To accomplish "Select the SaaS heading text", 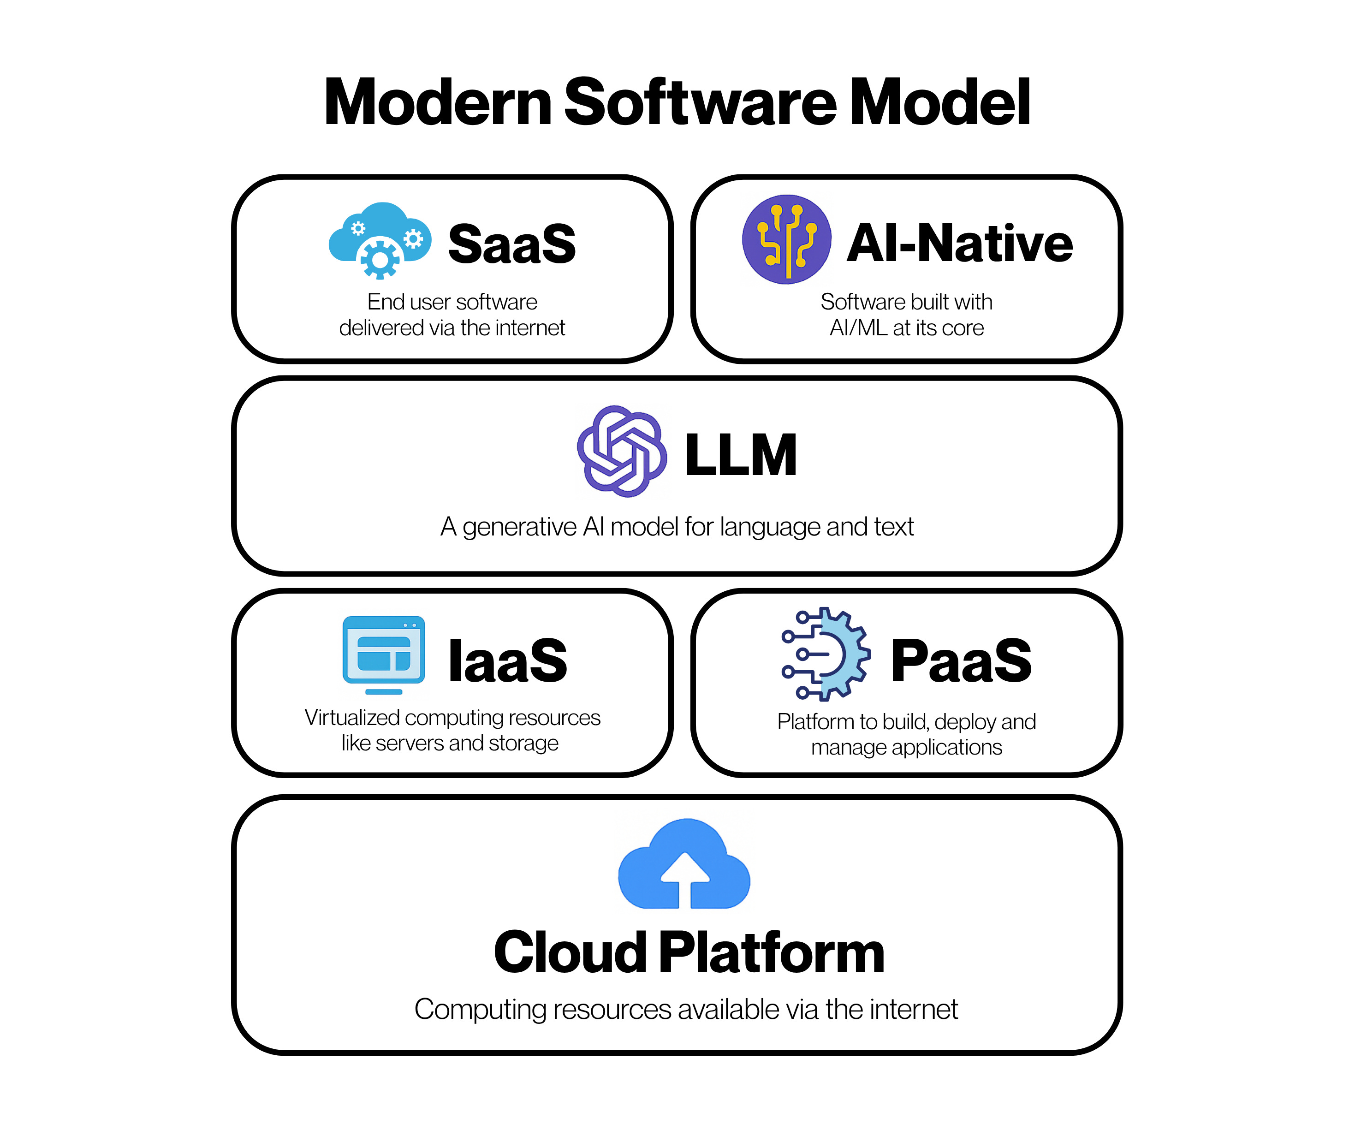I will pyautogui.click(x=511, y=244).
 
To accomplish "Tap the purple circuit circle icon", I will pyautogui.click(x=786, y=239).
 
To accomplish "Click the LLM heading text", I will pyautogui.click(x=741, y=455).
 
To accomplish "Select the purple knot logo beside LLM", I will pyautogui.click(x=621, y=451).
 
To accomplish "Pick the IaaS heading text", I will pyautogui.click(x=508, y=660).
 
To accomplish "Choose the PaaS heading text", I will pyautogui.click(x=961, y=660).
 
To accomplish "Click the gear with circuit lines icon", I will pyautogui.click(x=826, y=654).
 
